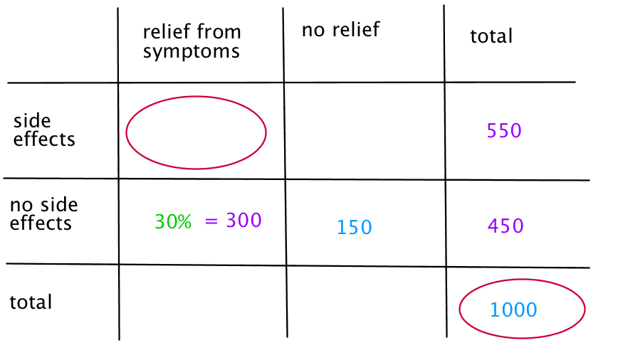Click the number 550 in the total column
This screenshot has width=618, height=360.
click(x=504, y=130)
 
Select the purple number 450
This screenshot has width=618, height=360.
click(x=506, y=226)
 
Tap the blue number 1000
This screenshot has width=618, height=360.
click(x=513, y=309)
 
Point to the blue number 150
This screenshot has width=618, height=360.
click(x=355, y=227)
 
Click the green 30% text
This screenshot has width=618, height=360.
click(x=173, y=221)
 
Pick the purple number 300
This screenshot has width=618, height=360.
click(x=243, y=220)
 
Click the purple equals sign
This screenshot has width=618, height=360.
click(x=211, y=221)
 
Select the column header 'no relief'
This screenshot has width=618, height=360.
click(x=340, y=30)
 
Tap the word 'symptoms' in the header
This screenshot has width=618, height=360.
click(x=191, y=52)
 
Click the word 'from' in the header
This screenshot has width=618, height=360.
click(x=219, y=31)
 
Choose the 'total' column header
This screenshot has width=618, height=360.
click(x=491, y=36)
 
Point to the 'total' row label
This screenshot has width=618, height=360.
click(x=31, y=302)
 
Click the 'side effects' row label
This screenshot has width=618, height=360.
click(x=43, y=130)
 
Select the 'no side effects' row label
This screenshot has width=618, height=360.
click(x=43, y=214)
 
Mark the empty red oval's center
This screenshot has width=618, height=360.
click(x=197, y=132)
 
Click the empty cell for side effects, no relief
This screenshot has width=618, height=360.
click(x=365, y=131)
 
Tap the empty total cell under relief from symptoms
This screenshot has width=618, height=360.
click(x=203, y=302)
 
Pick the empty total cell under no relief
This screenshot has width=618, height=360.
click(x=367, y=302)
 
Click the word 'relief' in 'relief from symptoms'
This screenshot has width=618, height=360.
click(x=167, y=31)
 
